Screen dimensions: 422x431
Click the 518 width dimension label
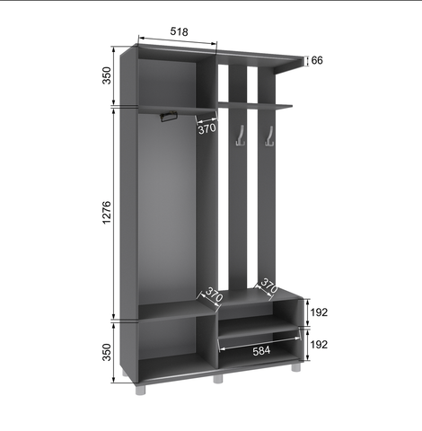180,31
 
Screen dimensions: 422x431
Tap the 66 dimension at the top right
317,60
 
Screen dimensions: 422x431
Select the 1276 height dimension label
107,213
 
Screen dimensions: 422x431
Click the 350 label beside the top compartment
107,75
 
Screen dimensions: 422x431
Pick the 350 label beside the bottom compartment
107,352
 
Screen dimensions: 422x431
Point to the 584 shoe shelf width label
261,351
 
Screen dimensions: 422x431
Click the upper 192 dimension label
319,312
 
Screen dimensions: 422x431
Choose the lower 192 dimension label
319,345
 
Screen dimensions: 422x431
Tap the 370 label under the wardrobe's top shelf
207,128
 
